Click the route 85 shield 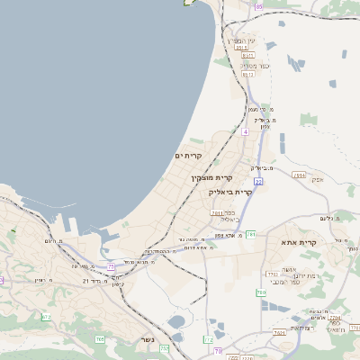260,6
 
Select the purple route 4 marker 245,131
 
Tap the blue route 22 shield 257,181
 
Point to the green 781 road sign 252,234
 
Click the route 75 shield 111,266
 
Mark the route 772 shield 208,339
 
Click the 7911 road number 217,213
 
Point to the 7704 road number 334,318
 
